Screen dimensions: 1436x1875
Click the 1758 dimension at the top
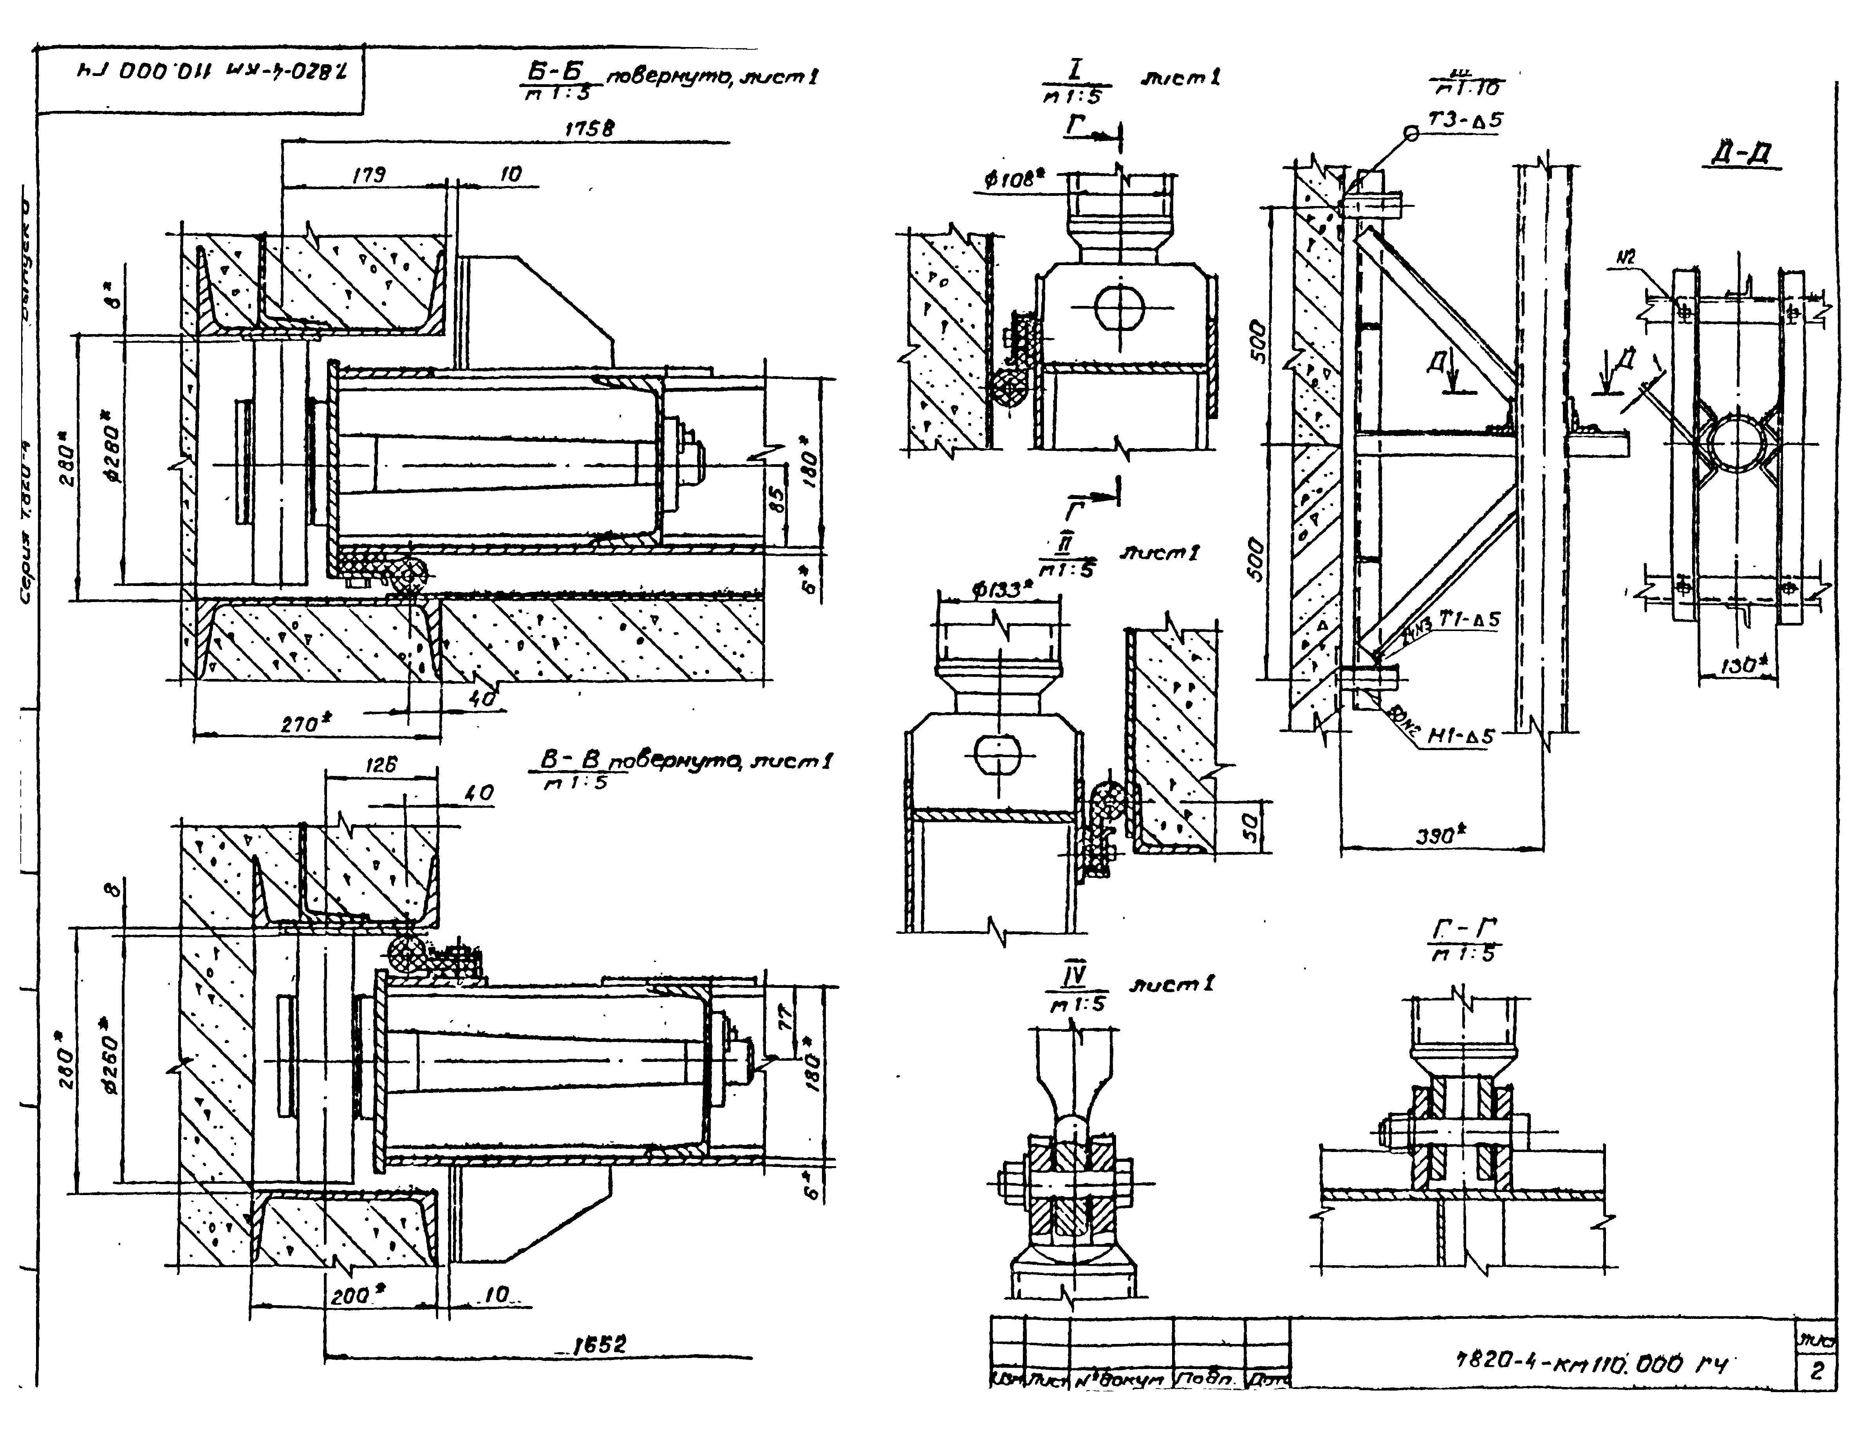coord(590,129)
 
